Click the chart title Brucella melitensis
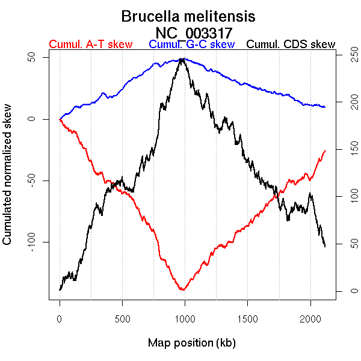188,16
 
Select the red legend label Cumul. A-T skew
90,45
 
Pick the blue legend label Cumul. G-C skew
191,45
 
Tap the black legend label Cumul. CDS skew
291,45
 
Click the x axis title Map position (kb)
191,343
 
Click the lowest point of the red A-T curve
182,290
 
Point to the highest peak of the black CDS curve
182,59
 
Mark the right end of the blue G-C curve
325,106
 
